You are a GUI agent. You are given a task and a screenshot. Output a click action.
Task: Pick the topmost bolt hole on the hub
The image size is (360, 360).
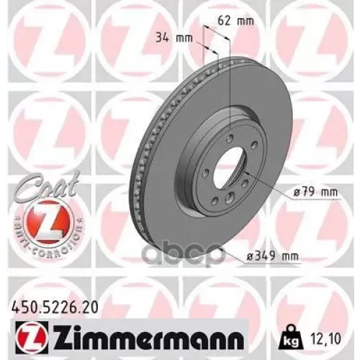(229, 139)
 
